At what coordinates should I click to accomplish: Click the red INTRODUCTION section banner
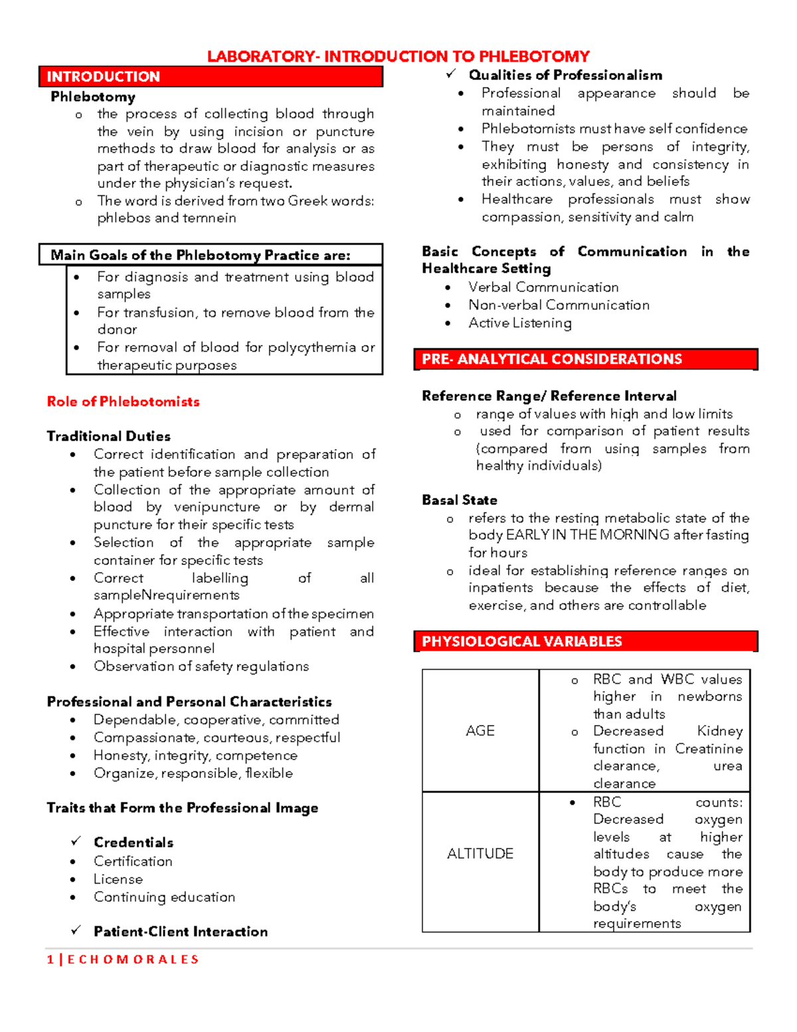(211, 76)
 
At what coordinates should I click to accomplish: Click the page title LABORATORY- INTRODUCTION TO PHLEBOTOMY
(398, 56)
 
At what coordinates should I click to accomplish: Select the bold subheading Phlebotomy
(93, 97)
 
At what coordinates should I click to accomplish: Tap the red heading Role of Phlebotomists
(123, 401)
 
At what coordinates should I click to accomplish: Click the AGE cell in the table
(480, 730)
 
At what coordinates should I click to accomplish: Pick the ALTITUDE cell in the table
(480, 853)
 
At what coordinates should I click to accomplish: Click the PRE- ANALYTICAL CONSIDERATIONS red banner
(584, 359)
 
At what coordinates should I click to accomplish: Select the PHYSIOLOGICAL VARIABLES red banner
(584, 641)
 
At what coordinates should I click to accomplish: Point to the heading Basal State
(460, 500)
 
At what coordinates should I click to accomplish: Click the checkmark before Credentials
(76, 841)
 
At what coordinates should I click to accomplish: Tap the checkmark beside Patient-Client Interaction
(76, 930)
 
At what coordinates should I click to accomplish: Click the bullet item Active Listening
(519, 323)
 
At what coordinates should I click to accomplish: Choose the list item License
(118, 879)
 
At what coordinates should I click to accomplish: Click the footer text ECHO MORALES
(133, 959)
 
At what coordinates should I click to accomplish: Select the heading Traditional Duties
(109, 436)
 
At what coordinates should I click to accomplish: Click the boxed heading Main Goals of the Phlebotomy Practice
(201, 255)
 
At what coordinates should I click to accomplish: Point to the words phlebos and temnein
(167, 218)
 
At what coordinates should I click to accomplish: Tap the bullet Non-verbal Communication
(559, 305)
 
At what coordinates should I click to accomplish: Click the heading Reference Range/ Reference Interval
(549, 396)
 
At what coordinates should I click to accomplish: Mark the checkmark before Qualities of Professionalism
(452, 74)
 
